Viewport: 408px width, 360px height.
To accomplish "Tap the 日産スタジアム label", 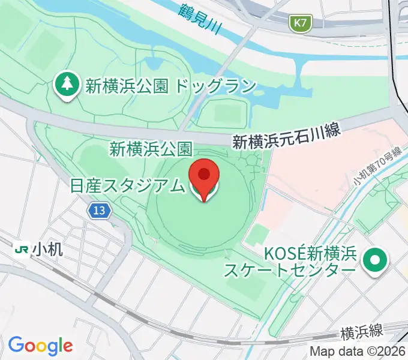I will [127, 186].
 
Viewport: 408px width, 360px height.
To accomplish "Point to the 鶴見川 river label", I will [198, 16].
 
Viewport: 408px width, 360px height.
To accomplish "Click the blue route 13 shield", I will [100, 210].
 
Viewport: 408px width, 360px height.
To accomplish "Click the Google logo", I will [40, 345].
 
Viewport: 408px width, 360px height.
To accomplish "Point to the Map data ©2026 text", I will [357, 352].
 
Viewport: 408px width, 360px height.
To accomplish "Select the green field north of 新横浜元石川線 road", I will [223, 113].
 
